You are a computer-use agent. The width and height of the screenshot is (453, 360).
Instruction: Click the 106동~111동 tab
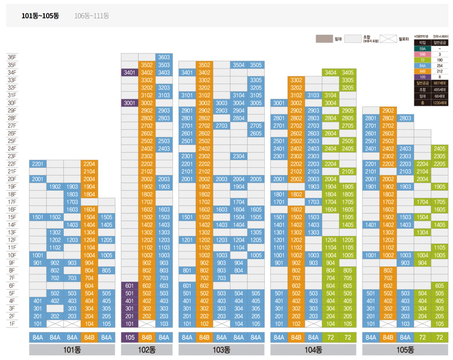tap(92, 16)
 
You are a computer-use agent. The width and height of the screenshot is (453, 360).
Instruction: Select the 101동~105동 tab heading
tap(40, 16)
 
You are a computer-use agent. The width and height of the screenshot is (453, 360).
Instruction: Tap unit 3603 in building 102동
tap(164, 57)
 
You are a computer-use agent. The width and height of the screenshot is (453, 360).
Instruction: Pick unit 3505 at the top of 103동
tap(256, 65)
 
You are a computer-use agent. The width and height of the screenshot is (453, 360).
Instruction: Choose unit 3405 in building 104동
tap(348, 72)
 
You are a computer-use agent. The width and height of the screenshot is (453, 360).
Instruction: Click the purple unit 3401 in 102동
tap(130, 72)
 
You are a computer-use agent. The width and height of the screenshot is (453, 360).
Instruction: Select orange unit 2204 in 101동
tap(89, 164)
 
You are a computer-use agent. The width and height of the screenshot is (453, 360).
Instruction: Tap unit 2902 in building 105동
tap(388, 110)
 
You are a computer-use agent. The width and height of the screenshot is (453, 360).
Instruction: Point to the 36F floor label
tap(12, 57)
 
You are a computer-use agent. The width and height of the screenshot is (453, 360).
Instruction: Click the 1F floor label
tap(12, 324)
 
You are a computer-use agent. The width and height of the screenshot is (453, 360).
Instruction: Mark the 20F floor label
tap(12, 179)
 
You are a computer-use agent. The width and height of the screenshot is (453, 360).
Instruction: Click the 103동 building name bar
tap(221, 350)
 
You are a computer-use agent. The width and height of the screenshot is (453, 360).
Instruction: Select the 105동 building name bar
tap(405, 350)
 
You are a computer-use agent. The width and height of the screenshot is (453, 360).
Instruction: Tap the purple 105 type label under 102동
tap(130, 338)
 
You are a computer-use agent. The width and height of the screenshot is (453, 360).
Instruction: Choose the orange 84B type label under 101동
tap(89, 338)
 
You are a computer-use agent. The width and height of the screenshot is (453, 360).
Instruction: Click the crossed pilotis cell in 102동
tap(147, 324)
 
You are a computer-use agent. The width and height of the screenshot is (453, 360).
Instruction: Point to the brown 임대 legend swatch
tap(324, 38)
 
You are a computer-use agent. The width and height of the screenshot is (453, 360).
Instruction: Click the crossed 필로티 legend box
tap(389, 38)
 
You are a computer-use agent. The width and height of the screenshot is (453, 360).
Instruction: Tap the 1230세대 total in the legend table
tap(440, 102)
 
